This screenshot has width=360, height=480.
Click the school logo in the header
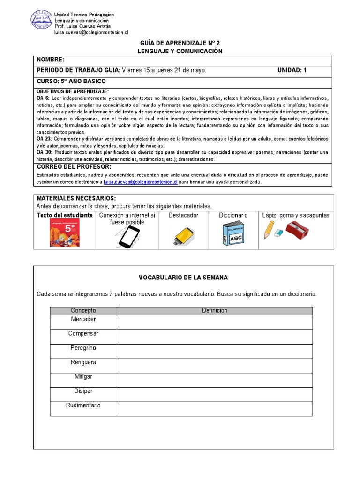tap(41, 22)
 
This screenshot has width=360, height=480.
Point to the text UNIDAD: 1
tap(292, 70)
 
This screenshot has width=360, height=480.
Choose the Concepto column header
tap(83, 311)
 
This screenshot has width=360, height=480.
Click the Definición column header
tap(214, 311)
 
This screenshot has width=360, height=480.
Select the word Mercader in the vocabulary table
tap(83, 319)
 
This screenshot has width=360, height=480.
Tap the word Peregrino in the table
tap(83, 348)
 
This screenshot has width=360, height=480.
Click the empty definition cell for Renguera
tap(214, 365)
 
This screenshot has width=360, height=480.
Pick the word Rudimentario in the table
tap(83, 405)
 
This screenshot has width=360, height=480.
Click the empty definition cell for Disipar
tap(214, 394)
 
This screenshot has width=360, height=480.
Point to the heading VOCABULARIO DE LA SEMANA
tap(183, 277)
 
